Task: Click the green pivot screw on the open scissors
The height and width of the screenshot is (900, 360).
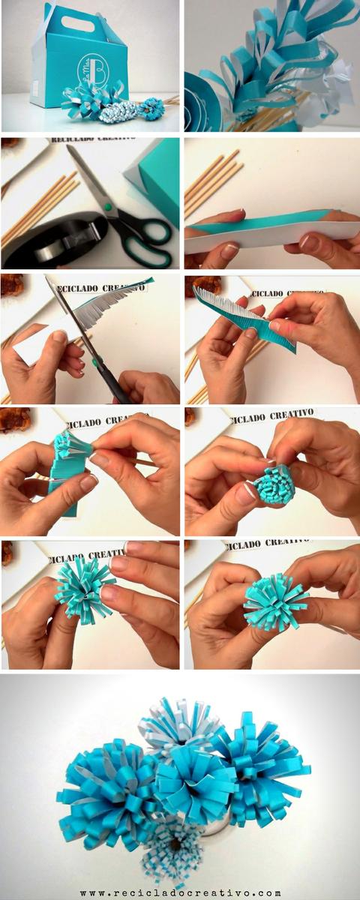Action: [108, 207]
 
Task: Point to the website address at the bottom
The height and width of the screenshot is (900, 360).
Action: [180, 892]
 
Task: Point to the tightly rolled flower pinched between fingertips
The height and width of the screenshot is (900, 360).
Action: [273, 484]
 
